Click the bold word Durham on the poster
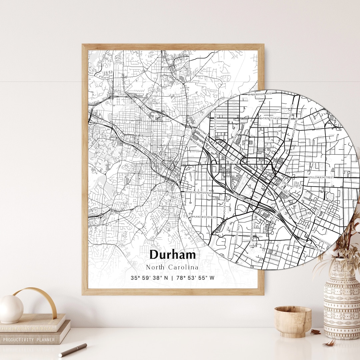(x=172, y=255)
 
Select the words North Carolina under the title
(x=172, y=267)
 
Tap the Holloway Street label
(x=321, y=177)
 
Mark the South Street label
(x=238, y=233)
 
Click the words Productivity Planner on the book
(x=29, y=340)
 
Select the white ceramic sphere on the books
(x=11, y=309)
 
